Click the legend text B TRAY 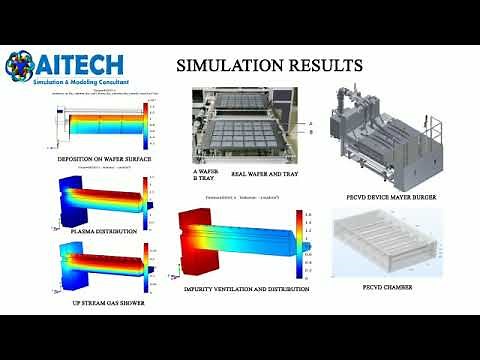(204, 178)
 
